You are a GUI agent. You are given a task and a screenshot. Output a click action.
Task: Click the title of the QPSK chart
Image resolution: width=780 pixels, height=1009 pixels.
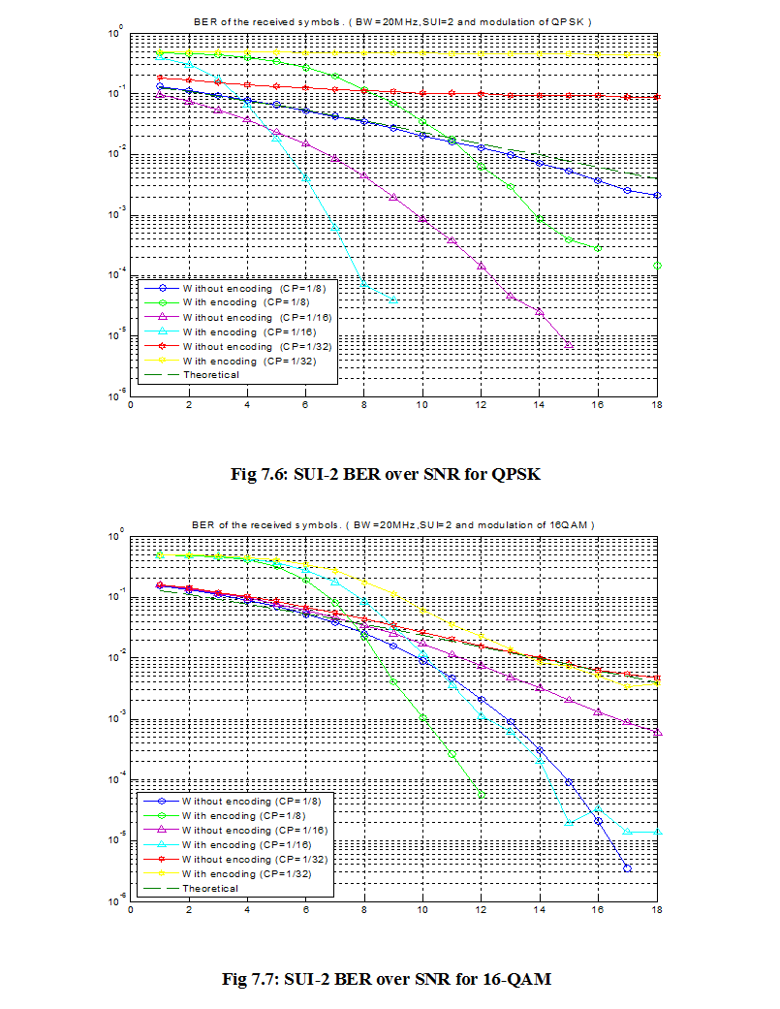tap(392, 20)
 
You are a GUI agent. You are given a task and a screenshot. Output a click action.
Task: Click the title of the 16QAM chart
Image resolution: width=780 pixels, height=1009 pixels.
tap(392, 524)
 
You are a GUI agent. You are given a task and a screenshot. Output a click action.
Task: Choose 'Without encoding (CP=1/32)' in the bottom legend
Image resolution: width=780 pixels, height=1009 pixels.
tap(243, 859)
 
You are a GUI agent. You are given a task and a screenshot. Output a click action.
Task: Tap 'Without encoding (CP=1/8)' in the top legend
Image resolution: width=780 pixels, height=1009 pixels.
tap(237, 287)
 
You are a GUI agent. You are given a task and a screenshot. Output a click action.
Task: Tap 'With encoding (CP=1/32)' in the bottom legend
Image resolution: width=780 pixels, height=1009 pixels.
tap(237, 873)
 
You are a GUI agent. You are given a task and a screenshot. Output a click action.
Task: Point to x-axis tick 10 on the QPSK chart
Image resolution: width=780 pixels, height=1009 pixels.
tap(422, 404)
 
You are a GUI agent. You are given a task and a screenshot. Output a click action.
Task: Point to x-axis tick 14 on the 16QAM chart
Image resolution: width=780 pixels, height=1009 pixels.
tap(540, 910)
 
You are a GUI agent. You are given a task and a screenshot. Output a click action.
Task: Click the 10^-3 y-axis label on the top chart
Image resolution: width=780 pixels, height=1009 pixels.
tap(115, 214)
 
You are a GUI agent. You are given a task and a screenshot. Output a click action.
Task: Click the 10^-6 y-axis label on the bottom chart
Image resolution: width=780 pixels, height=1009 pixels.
tap(115, 900)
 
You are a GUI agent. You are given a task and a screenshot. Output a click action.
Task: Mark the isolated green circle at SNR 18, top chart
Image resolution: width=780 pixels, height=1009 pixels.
tap(657, 266)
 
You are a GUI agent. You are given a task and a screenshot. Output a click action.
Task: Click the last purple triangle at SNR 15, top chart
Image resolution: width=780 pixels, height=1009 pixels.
tap(569, 345)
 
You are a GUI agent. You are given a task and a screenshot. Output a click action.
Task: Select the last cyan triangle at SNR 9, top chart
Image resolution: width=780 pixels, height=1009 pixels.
tap(393, 300)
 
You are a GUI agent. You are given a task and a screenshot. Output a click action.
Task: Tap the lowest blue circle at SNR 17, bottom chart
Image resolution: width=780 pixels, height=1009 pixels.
tap(628, 868)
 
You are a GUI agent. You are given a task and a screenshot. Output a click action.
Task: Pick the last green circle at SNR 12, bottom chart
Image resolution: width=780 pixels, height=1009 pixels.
tap(482, 794)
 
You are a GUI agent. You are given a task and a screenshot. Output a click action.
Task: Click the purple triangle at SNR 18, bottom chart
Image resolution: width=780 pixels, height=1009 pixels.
tap(657, 733)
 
